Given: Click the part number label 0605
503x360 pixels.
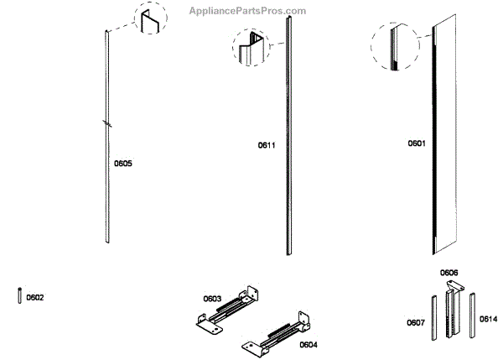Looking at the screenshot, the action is click(x=123, y=163).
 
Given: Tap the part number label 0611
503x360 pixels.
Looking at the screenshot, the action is click(x=267, y=145).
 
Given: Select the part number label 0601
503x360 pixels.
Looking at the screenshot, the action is click(x=417, y=143).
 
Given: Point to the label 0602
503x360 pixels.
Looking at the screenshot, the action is click(x=35, y=297).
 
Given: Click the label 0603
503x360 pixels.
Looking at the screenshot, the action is click(x=212, y=298).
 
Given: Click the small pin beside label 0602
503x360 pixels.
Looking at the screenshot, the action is click(x=19, y=297).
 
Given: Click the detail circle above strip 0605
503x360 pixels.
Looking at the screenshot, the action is click(x=151, y=20).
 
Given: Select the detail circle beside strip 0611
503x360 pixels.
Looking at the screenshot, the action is click(x=251, y=49).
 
